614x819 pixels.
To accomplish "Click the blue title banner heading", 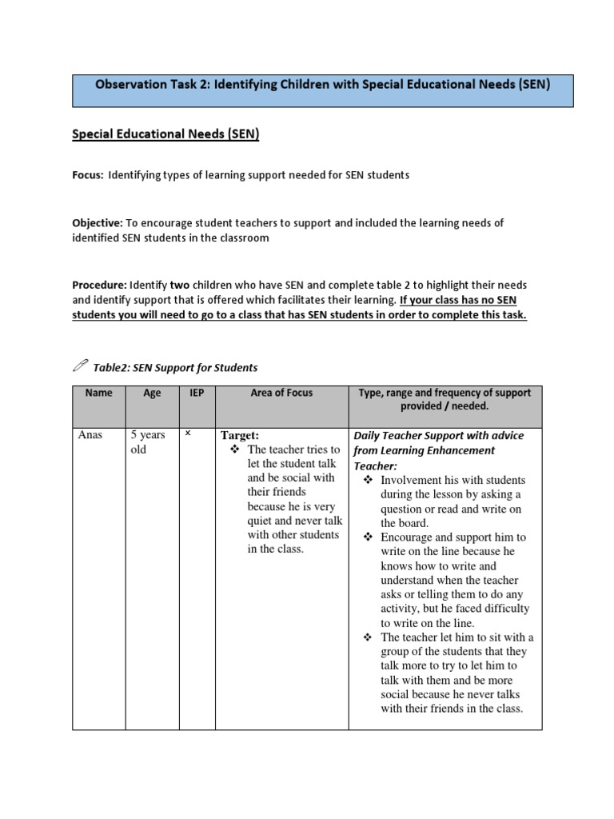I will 323,84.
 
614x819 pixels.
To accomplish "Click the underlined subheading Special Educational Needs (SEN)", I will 165,135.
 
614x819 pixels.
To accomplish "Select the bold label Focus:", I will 88,175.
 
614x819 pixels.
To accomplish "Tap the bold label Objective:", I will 98,223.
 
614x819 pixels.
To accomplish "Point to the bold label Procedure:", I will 99,286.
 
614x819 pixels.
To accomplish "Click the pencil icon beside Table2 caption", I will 81,367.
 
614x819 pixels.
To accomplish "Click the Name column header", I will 98,393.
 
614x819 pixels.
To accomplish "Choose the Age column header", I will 152,393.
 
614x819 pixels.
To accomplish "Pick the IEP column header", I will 196,393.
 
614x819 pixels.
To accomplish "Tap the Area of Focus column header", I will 281,393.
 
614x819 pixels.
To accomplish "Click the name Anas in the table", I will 90,436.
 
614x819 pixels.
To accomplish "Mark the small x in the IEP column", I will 188,433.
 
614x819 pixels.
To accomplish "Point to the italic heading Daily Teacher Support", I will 439,436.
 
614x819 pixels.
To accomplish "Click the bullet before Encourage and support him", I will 369,537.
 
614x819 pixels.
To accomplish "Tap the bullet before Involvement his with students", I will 369,480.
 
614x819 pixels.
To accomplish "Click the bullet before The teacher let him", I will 369,637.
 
